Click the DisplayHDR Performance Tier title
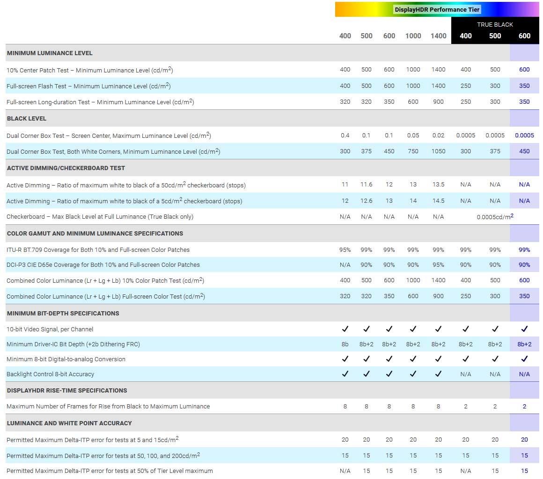437,9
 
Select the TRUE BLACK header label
495,24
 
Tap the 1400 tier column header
438,36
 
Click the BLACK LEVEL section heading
27,119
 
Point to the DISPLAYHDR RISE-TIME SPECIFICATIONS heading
67,391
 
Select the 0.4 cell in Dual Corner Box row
345,136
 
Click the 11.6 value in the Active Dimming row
366,185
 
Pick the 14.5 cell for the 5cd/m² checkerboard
438,201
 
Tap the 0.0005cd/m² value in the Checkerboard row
495,217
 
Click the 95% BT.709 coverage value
345,250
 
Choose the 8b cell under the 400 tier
345,344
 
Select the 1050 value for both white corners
438,151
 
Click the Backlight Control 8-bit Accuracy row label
51,374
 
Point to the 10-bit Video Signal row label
50,329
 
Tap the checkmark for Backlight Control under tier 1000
413,374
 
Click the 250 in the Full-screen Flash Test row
465,86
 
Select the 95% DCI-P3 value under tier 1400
438,265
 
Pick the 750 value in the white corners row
413,151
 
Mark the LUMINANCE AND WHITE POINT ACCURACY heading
69,423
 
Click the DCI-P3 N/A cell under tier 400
345,265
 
